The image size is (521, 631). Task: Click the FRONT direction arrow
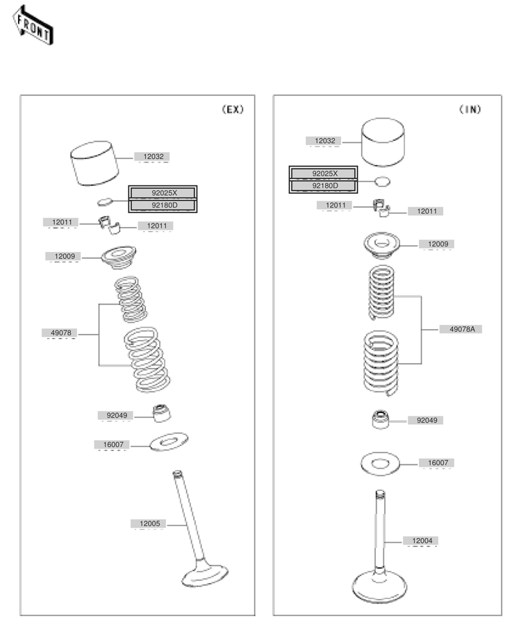coord(33,26)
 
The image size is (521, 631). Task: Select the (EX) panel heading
coord(233,110)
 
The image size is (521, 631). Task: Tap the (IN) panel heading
coord(470,110)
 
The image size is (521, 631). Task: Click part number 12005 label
coord(150,523)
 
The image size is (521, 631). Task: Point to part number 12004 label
coord(422,541)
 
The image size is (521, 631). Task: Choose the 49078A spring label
coord(462,329)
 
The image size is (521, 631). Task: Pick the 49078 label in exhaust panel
coord(61,333)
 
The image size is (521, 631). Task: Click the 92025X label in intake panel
coord(324,174)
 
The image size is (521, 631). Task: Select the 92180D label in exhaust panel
coord(164,205)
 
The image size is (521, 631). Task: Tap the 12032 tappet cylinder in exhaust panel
coord(94,163)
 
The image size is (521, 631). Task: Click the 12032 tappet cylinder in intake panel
coord(383,142)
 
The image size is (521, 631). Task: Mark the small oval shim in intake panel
coord(382,181)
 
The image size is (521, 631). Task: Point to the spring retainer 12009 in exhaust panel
coord(118,257)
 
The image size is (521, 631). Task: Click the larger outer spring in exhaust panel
coord(147,360)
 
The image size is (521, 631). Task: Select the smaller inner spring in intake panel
coord(381,293)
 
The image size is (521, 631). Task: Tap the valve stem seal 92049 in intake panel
coord(381,420)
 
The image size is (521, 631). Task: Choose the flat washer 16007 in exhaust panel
coord(169,442)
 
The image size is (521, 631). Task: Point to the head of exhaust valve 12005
coord(204,575)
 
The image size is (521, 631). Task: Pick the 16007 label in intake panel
coord(437,463)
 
